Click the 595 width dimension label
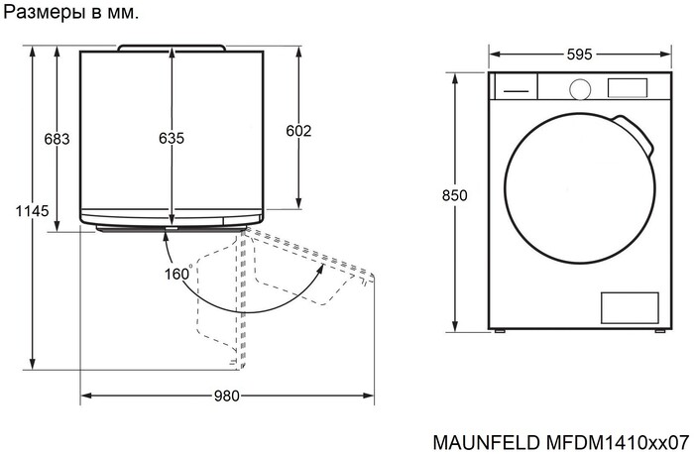point(580,56)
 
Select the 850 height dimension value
point(454,195)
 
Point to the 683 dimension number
point(57,139)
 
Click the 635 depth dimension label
point(172,139)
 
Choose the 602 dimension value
point(298,131)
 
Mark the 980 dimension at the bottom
point(227,397)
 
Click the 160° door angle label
point(177,275)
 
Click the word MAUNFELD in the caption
point(486,439)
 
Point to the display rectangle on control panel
point(626,88)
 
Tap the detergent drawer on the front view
point(514,88)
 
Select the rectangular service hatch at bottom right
point(630,306)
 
